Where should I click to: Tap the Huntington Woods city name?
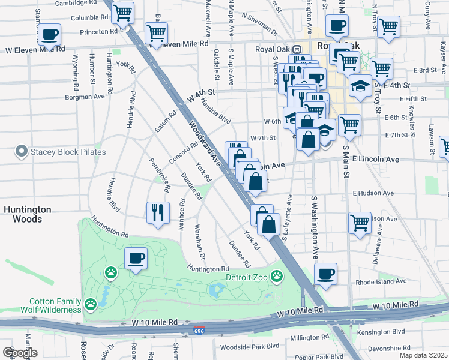[x=28, y=214]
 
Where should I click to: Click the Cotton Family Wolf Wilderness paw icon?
[x=91, y=304]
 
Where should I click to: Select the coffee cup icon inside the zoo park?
[x=136, y=259]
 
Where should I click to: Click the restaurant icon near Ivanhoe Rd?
[x=158, y=212]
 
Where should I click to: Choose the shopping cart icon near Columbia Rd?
[x=123, y=12]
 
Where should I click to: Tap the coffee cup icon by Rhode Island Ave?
[x=326, y=274]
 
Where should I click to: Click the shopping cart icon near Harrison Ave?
[x=360, y=223]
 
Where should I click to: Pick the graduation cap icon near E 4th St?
[x=360, y=85]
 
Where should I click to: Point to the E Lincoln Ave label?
[x=375, y=160]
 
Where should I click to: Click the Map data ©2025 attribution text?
[x=423, y=355]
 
